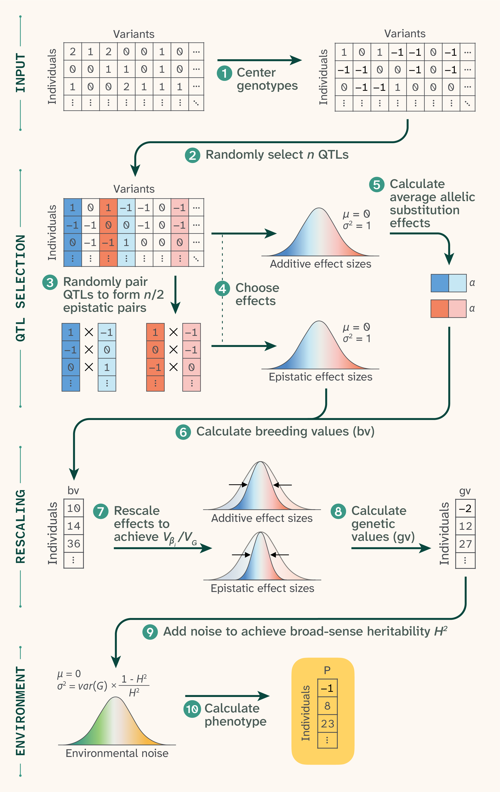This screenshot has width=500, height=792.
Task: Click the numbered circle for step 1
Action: tap(224, 73)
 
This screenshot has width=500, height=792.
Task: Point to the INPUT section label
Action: tap(20, 73)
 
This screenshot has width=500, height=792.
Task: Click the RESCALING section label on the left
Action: tap(20, 526)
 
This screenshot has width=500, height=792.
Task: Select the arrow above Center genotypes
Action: tap(260, 60)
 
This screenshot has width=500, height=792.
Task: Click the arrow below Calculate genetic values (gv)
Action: tap(391, 548)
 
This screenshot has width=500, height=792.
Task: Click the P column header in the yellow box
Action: tap(327, 670)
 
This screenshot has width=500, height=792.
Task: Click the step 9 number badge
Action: tap(150, 632)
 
